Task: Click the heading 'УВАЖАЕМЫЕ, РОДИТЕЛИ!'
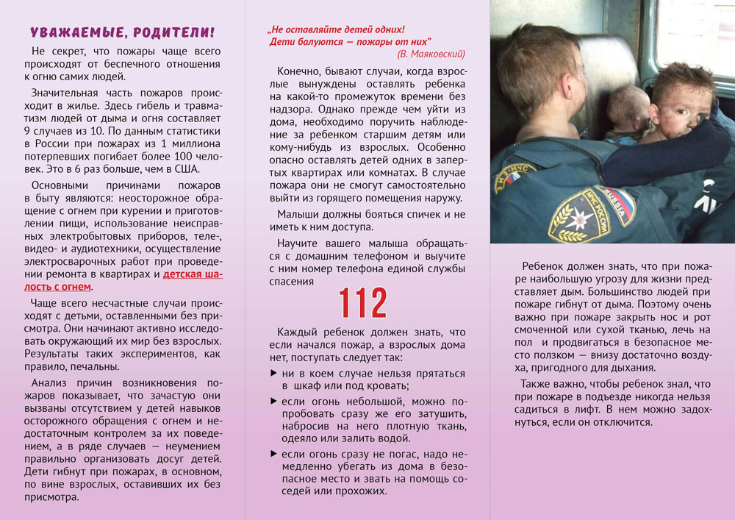(122, 32)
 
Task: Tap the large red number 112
(362, 302)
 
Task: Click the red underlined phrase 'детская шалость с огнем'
(193, 280)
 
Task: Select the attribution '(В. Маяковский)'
(431, 54)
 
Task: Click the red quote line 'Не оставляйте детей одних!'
(337, 29)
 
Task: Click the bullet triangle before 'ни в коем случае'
(274, 373)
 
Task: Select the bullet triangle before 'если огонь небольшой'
(274, 401)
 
